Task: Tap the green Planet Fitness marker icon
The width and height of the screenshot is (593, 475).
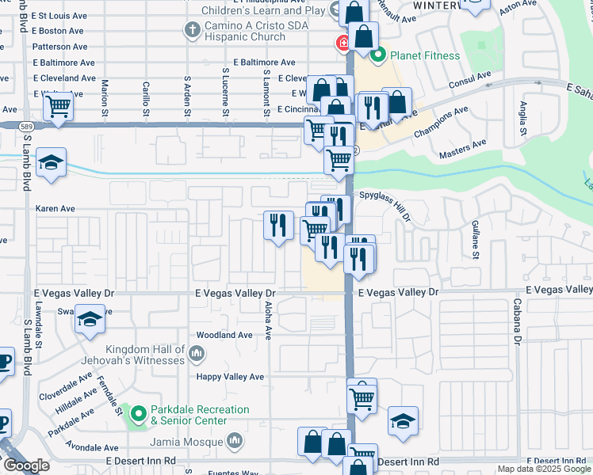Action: point(378,55)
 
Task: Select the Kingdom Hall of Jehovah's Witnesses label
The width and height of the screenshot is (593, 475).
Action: point(148,354)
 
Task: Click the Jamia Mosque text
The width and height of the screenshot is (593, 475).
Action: point(195,439)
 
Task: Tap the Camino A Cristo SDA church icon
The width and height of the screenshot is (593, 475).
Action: point(190,30)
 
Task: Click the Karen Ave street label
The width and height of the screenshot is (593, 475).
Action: point(55,209)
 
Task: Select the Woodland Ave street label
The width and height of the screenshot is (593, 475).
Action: point(224,335)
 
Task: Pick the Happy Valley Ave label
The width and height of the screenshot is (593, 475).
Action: point(230,377)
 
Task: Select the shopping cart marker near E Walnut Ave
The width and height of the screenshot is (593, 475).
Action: point(58,104)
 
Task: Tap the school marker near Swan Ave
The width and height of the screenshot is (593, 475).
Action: point(90,319)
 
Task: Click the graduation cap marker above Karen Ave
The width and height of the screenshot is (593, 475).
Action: point(51,164)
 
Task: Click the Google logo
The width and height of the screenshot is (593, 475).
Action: point(27,466)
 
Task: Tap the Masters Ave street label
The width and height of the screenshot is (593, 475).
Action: point(462,145)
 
